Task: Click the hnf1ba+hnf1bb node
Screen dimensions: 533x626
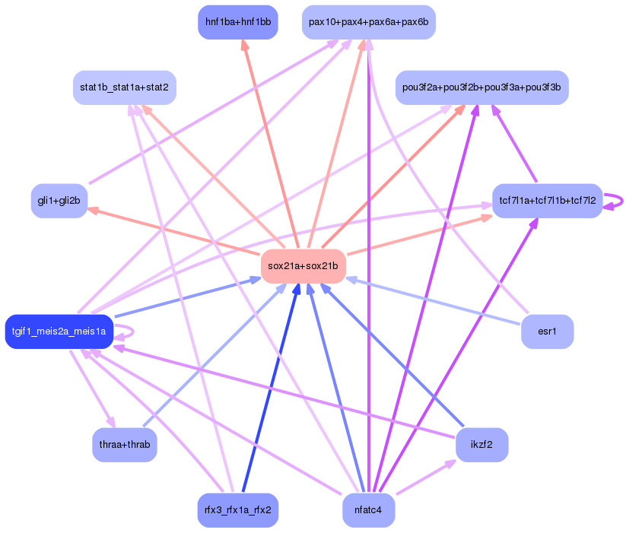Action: (x=237, y=22)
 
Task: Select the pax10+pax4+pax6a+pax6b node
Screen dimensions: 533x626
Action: (x=368, y=22)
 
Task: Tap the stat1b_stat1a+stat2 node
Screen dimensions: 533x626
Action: (x=125, y=87)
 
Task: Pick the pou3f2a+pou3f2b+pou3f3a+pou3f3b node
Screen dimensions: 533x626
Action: (x=481, y=87)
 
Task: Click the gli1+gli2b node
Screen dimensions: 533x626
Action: (x=59, y=201)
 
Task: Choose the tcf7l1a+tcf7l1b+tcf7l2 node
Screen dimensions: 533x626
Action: (x=547, y=201)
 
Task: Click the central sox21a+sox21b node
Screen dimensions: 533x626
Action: (x=303, y=265)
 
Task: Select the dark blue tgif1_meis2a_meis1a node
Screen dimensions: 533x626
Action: (x=59, y=332)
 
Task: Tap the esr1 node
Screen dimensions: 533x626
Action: (x=547, y=332)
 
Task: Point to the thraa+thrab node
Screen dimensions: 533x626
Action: (x=125, y=444)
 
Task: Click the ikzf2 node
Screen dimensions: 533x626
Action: (x=481, y=444)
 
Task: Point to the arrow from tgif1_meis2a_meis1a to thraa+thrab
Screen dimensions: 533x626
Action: (x=92, y=388)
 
